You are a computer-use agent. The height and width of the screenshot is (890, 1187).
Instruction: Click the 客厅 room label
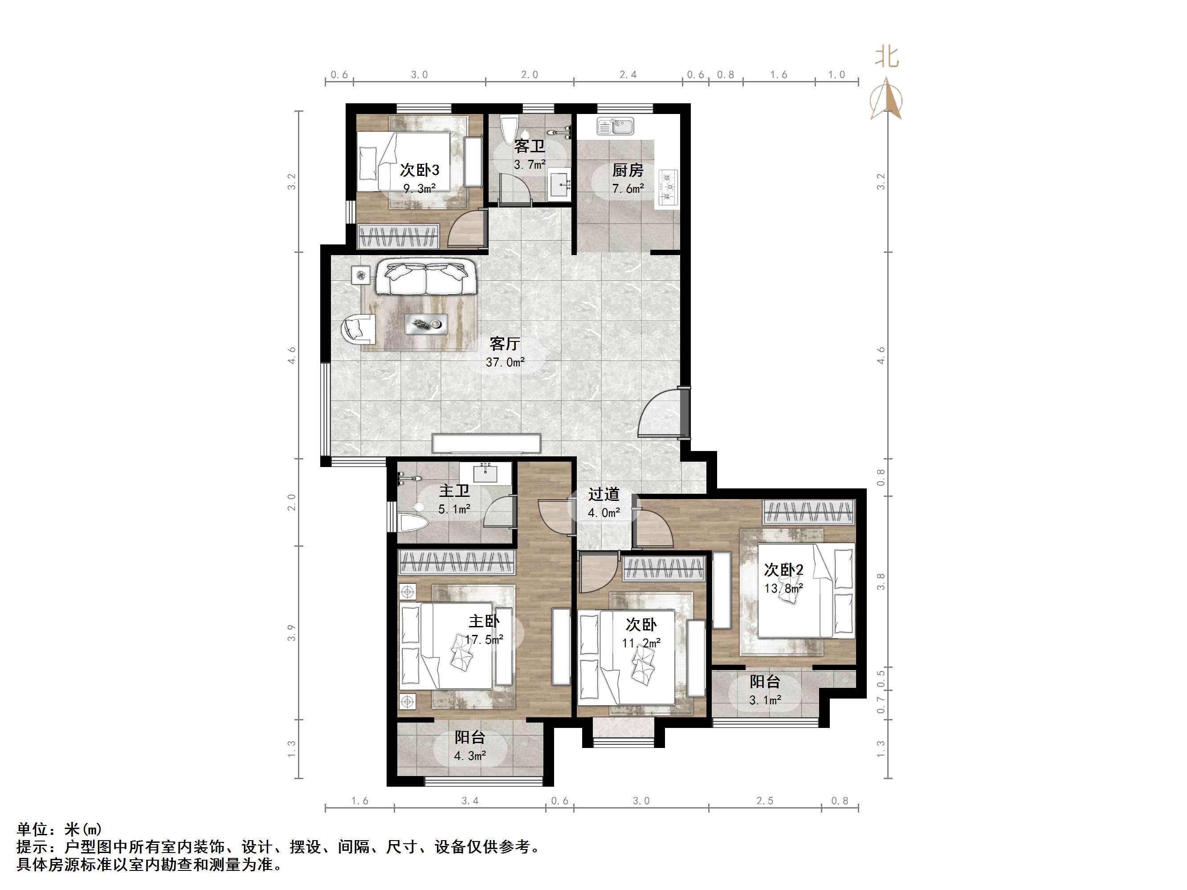click(x=505, y=344)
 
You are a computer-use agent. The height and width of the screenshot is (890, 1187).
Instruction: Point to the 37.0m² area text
click(x=505, y=363)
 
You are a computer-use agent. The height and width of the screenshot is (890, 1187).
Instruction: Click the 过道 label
click(x=604, y=494)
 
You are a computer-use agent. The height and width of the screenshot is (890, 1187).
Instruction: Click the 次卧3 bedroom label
click(x=419, y=170)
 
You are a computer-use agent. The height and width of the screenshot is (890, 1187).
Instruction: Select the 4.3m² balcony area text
click(x=469, y=756)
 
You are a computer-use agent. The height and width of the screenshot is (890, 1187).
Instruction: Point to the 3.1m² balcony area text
click(x=765, y=700)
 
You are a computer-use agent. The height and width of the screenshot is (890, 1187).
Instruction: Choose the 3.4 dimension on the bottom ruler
click(x=469, y=801)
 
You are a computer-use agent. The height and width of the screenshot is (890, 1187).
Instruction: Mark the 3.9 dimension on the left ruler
click(x=291, y=633)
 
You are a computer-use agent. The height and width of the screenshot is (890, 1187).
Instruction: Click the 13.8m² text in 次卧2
click(x=783, y=589)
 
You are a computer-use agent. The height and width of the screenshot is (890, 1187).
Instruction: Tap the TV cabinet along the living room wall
click(x=486, y=443)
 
